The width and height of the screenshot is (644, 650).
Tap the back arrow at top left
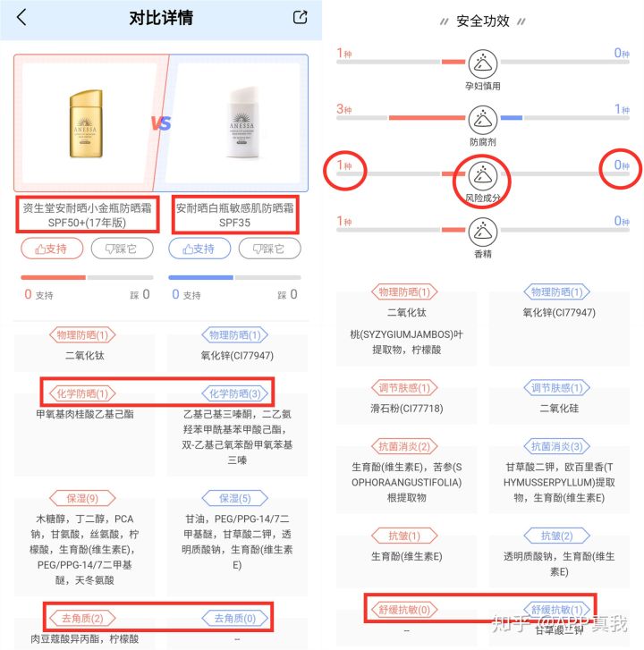click(21, 17)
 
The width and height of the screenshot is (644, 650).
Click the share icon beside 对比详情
click(301, 17)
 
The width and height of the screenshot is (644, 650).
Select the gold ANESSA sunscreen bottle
click(87, 122)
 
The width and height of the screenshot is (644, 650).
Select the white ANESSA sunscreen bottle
click(239, 122)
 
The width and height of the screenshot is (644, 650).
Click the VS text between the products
click(162, 123)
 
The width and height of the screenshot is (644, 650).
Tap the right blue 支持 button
click(199, 249)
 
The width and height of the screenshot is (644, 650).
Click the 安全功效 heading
click(483, 21)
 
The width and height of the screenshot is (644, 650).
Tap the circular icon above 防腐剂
click(483, 117)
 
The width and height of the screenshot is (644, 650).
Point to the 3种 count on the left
click(344, 109)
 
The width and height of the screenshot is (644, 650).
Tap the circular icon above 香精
click(483, 229)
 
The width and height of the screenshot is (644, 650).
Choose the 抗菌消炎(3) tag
click(558, 446)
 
